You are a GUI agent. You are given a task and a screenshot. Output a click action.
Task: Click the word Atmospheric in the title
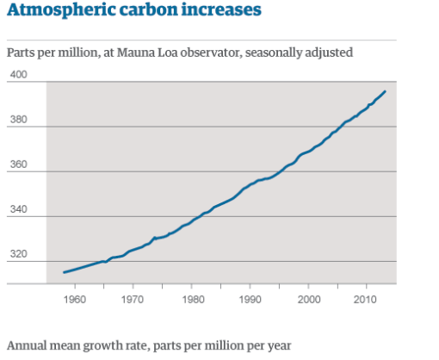point(53,11)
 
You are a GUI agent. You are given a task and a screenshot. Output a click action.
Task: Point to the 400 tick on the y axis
point(19,76)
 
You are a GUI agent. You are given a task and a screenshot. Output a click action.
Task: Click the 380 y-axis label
point(19,121)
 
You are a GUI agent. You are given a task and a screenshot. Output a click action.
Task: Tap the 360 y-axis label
point(19,165)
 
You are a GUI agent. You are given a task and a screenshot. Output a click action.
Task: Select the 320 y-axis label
point(19,255)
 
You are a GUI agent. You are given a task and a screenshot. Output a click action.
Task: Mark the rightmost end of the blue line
point(385,91)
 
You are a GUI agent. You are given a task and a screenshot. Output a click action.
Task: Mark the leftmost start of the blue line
point(64,272)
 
